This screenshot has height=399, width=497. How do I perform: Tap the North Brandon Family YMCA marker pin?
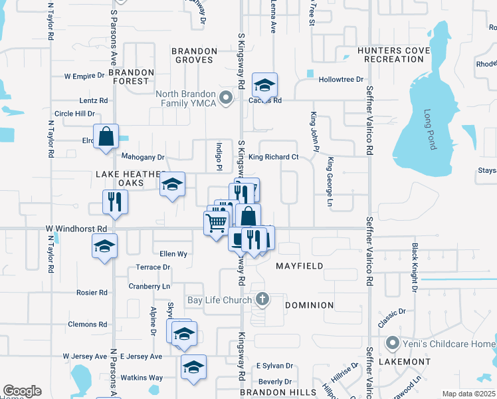point(226,99)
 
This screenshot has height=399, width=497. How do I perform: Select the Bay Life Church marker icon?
point(262,299)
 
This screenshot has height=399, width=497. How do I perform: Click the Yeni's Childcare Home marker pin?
point(392,343)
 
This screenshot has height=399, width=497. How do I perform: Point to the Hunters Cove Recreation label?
point(390,55)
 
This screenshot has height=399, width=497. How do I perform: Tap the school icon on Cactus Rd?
point(264,85)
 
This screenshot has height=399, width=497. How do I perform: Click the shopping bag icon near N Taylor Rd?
point(106,137)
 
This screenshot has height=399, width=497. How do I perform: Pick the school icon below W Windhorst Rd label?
point(105,246)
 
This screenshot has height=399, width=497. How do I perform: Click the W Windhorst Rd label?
point(76,229)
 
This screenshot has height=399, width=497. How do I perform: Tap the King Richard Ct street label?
point(274,157)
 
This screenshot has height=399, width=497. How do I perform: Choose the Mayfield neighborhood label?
point(300,266)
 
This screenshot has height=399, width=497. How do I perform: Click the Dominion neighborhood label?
point(309,305)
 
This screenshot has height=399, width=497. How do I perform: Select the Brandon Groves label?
point(193,55)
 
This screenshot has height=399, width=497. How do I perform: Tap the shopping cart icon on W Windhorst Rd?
point(217,223)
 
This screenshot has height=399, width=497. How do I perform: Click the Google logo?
point(22,391)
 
